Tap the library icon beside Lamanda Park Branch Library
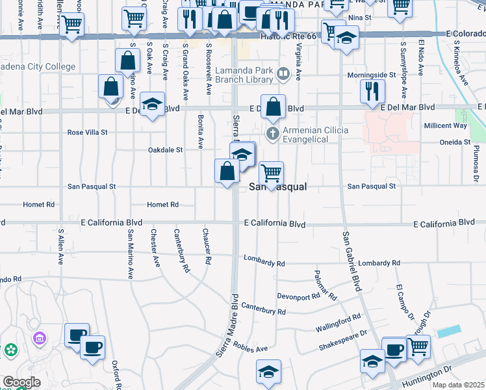click(283, 74)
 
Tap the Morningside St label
click(371, 75)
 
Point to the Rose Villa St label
click(88, 133)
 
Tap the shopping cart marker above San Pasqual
click(271, 173)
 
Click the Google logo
click(21, 382)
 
